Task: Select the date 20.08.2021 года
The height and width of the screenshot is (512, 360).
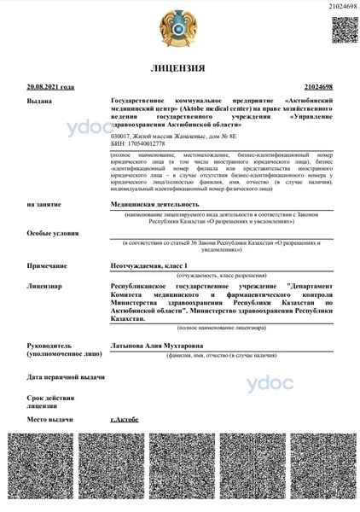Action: point(50,86)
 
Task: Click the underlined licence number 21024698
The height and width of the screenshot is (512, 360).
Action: point(318,86)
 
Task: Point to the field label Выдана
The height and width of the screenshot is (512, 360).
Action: point(39,100)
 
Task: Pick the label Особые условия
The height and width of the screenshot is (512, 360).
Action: point(48,233)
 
